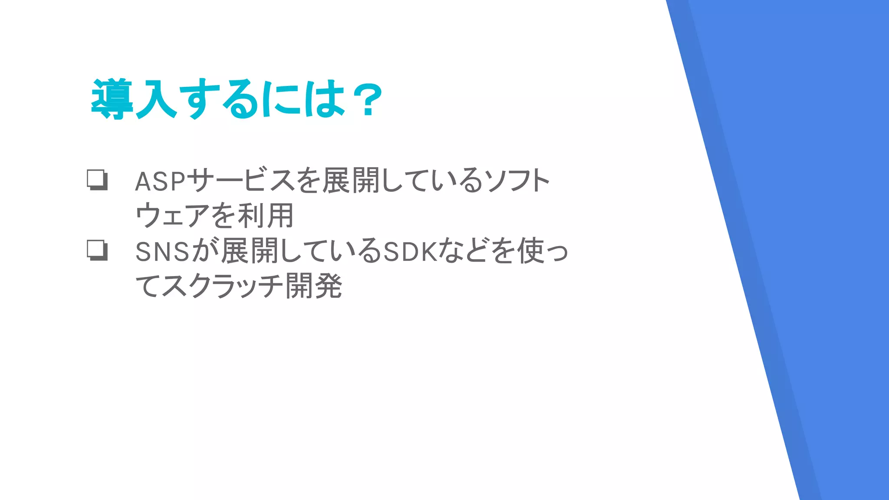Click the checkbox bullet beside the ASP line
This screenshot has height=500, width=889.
pos(97,180)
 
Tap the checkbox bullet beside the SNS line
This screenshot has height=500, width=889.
pos(97,250)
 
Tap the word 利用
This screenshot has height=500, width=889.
pos(266,216)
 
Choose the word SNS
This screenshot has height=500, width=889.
pos(163,252)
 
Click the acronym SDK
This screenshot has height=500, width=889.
pos(410,252)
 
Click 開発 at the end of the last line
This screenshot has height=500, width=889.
pos(313,286)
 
